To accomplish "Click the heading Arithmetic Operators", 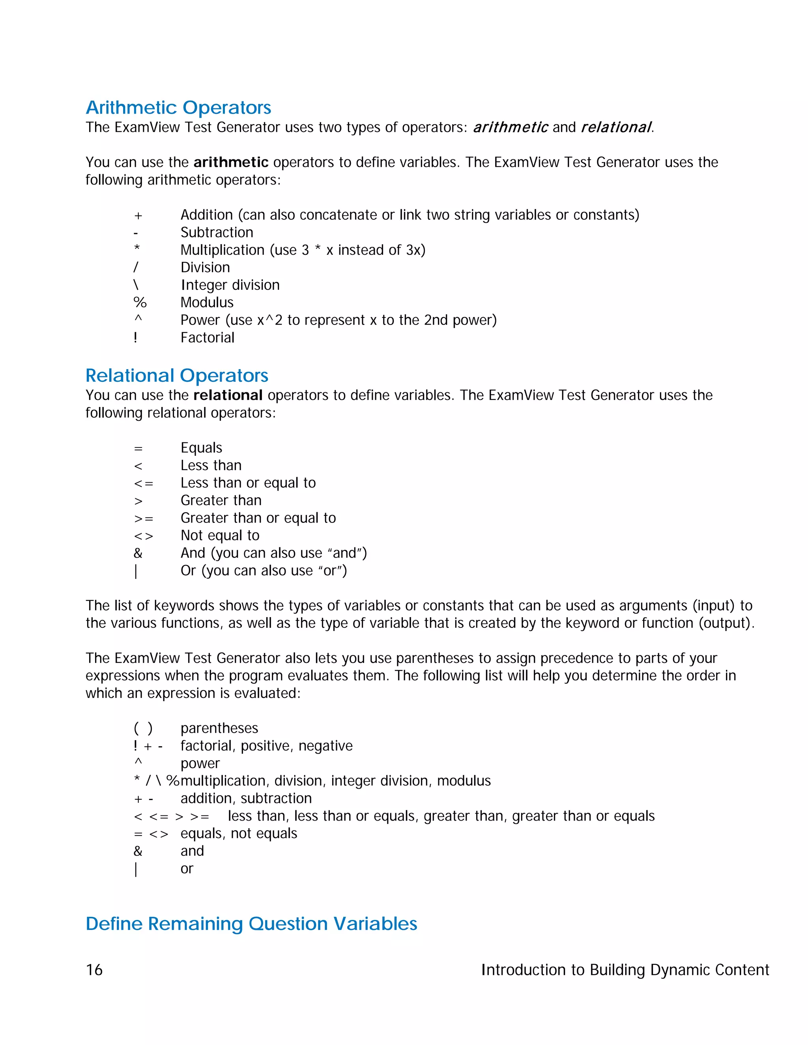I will pos(178,108).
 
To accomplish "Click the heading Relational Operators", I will pos(177,375).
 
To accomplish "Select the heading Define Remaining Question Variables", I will pos(251,924).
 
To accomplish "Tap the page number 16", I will pos(94,970).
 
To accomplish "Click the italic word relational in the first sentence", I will pos(615,127).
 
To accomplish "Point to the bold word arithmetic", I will pos(231,162).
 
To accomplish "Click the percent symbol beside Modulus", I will pos(140,302).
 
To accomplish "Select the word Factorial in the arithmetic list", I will pos(207,338).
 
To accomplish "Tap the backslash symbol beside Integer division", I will pos(136,285).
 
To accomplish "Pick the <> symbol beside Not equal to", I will pos(144,536).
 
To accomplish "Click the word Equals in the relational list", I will pos(201,448).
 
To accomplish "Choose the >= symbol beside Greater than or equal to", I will pos(144,518).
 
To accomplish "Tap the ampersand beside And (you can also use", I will pos(138,553).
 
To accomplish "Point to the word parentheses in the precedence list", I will pos(219,728).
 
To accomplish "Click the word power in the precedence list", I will pos(200,764).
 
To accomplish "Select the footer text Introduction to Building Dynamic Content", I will pos(625,970).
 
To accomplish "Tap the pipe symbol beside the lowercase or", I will pos(136,869).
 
